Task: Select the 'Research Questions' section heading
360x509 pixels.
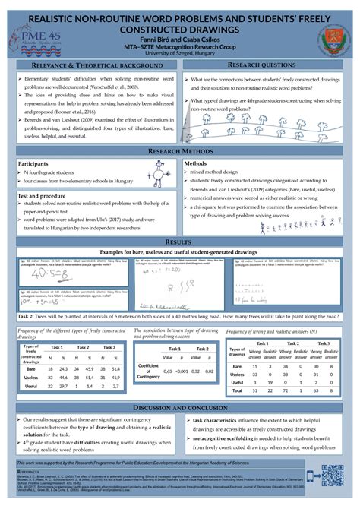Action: click(x=267, y=66)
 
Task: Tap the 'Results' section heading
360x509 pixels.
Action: click(x=180, y=220)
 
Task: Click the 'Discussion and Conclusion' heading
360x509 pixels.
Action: click(x=180, y=408)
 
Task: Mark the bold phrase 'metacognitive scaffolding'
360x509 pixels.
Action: click(x=226, y=438)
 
